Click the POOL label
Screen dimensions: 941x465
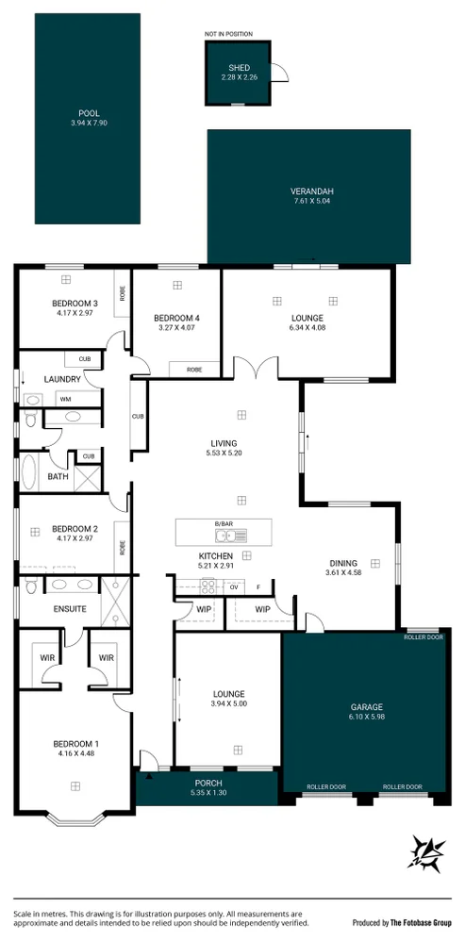click(x=89, y=113)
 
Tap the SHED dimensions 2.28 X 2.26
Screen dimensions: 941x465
click(x=239, y=76)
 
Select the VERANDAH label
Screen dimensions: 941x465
click(x=312, y=191)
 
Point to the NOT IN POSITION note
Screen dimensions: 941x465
click(x=228, y=34)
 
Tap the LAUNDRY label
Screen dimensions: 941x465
click(x=62, y=379)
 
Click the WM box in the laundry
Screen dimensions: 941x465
click(x=66, y=399)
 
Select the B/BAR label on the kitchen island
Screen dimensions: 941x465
click(x=224, y=523)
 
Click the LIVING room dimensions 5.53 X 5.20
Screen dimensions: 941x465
click(x=224, y=454)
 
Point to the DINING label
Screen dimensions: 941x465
click(x=343, y=563)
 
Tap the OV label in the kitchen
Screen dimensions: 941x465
click(x=234, y=586)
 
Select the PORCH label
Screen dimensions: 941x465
click(x=208, y=783)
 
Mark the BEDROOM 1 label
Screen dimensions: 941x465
click(x=75, y=744)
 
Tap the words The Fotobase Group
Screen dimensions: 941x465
click(x=420, y=923)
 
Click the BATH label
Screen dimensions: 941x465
click(x=58, y=477)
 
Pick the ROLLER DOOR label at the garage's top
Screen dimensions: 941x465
click(x=423, y=636)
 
